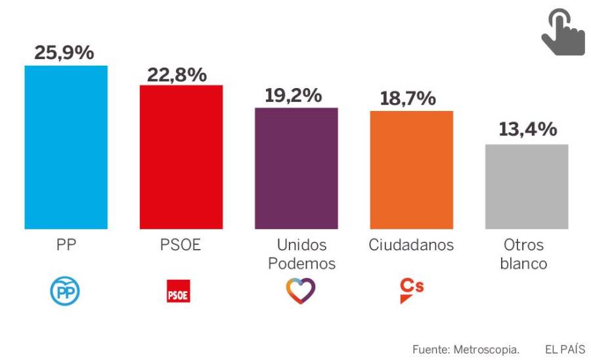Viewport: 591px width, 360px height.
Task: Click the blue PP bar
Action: click(66, 147)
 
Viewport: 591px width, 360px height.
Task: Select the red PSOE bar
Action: click(181, 157)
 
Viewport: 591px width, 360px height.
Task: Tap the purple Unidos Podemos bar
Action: click(296, 168)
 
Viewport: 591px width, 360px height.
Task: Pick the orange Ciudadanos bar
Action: click(411, 170)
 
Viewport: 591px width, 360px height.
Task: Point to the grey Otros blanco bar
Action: click(527, 187)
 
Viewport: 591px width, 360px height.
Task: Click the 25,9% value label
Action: click(64, 53)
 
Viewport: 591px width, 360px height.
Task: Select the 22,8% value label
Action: click(177, 74)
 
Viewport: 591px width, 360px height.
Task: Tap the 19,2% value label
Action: click(294, 95)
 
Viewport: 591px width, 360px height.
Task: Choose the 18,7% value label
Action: click(408, 99)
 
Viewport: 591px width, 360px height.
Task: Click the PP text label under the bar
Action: click(66, 246)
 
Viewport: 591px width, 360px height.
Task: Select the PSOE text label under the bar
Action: click(181, 246)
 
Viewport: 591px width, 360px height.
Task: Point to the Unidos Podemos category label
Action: click(301, 254)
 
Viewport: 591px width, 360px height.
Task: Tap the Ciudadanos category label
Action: click(411, 246)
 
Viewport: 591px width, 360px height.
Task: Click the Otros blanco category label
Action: click(524, 254)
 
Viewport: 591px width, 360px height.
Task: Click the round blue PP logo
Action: click(65, 291)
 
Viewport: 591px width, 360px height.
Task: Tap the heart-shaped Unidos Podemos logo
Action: click(301, 291)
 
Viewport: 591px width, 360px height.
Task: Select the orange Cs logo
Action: click(411, 290)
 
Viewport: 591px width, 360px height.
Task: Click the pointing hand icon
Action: click(562, 34)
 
